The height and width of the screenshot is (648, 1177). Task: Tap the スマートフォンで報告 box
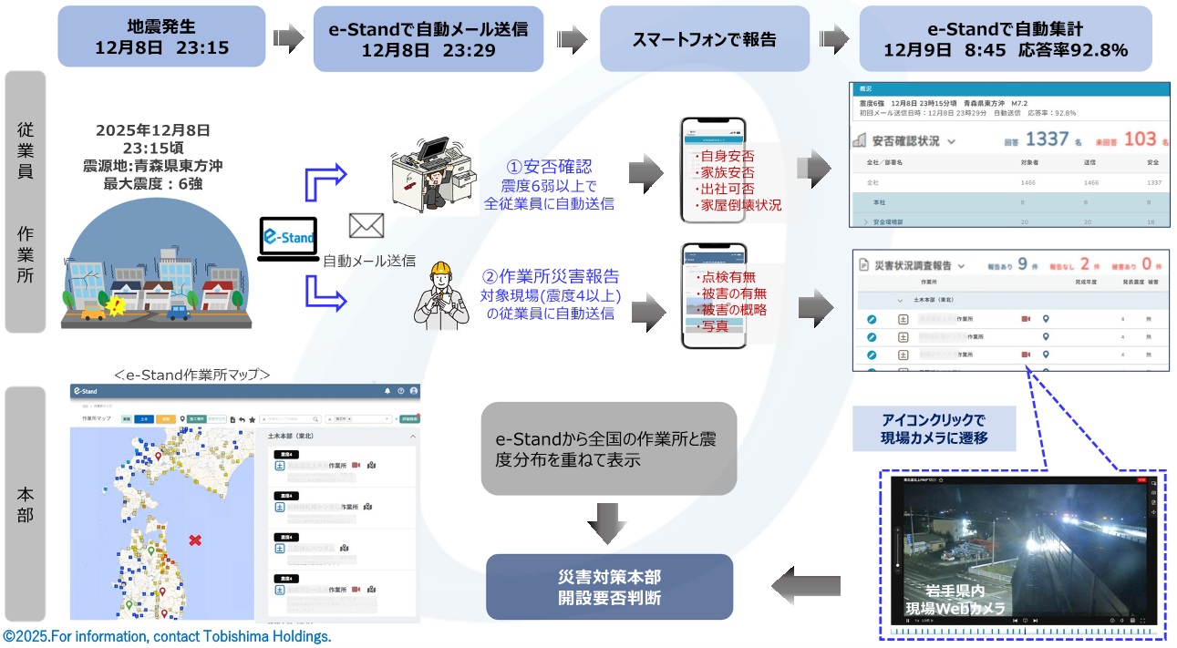click(x=704, y=38)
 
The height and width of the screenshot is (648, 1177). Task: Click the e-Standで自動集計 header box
click(x=1006, y=38)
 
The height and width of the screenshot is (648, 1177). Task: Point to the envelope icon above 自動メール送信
click(x=367, y=225)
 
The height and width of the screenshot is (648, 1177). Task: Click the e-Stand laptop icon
click(x=289, y=240)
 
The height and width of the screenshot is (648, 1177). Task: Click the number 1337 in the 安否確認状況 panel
click(x=1047, y=139)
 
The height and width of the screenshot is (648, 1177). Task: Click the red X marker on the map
click(x=194, y=540)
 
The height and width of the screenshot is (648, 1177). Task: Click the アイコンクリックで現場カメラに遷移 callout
click(x=934, y=429)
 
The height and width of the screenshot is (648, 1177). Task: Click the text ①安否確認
click(x=549, y=168)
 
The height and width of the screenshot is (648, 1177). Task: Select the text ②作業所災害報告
click(x=550, y=276)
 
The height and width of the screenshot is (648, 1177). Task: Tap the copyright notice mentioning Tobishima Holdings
click(x=167, y=636)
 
